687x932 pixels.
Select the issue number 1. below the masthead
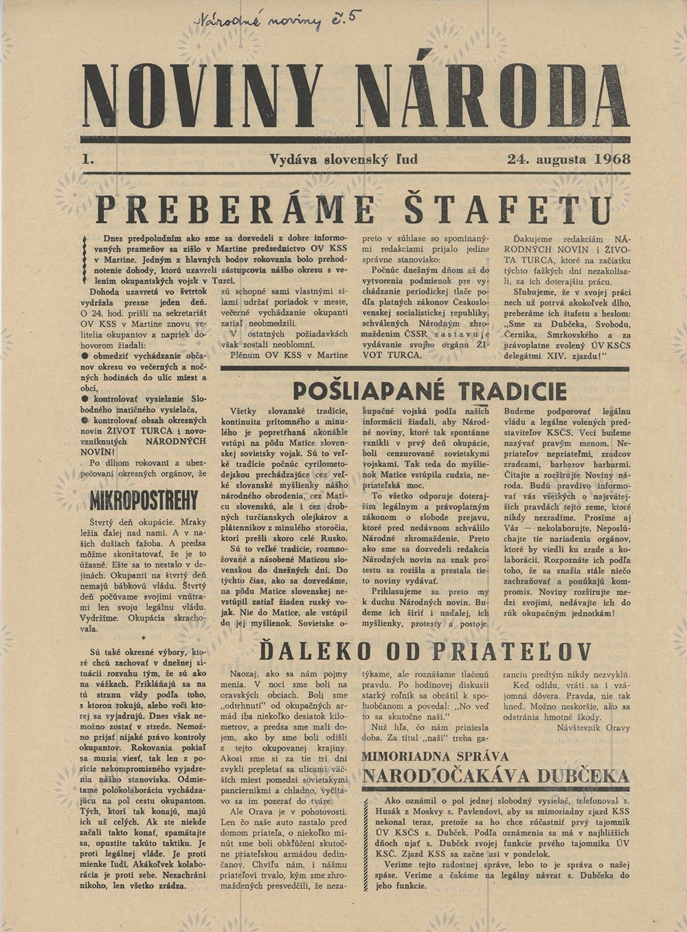click(x=87, y=159)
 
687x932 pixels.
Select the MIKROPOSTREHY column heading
click(x=144, y=499)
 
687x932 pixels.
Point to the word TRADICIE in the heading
click(x=513, y=391)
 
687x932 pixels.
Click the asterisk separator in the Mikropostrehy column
click(x=142, y=638)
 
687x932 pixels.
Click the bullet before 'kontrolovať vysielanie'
click(x=85, y=398)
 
